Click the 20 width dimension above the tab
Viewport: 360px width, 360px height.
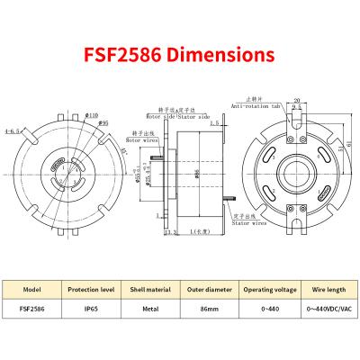tap(297, 102)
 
